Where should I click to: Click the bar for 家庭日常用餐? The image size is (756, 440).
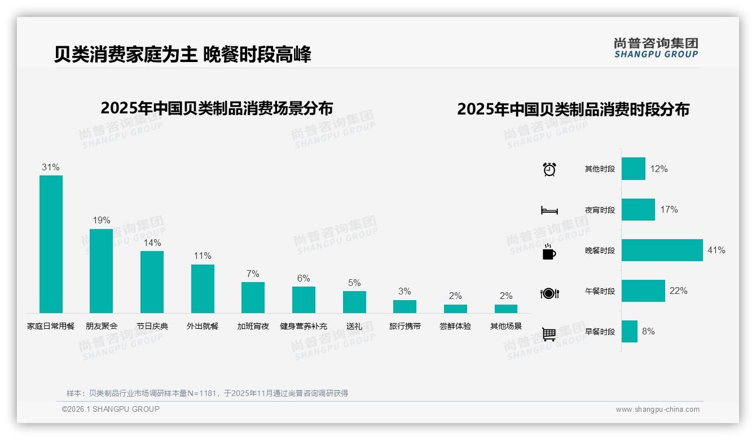click(51, 244)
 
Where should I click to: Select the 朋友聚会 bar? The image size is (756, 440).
click(101, 271)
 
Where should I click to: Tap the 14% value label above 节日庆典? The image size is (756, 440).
click(152, 243)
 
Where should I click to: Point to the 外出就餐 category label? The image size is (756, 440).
click(203, 326)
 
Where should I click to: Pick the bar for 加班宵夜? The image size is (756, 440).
click(253, 297)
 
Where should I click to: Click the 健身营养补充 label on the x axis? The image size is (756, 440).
click(304, 326)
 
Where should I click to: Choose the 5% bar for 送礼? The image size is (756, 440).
click(354, 302)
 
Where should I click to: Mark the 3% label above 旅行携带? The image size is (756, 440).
click(405, 291)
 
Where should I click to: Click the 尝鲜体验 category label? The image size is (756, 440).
click(455, 326)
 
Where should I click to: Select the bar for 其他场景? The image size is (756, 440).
click(506, 309)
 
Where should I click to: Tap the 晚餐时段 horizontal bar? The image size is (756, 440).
click(662, 250)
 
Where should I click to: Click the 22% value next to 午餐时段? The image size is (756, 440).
click(678, 291)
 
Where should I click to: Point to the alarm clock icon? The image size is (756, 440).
click(550, 169)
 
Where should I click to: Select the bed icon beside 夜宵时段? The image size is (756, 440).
click(550, 210)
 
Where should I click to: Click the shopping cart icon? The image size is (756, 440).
click(550, 334)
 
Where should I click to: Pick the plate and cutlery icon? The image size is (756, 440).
click(550, 293)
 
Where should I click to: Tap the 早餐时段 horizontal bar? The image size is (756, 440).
click(630, 331)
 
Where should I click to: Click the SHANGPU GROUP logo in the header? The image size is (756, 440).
click(656, 48)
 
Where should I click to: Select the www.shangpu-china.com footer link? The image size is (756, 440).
click(657, 410)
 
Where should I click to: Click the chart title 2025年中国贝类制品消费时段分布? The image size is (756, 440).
click(573, 109)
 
